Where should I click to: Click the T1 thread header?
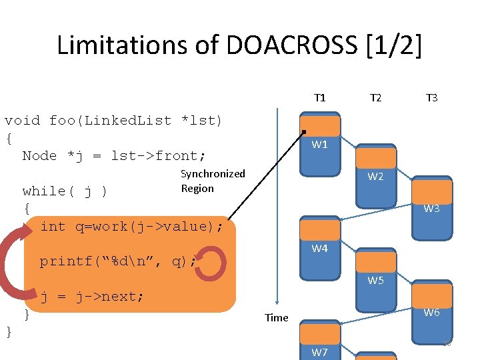(x=320, y=98)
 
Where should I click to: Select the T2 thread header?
(x=375, y=98)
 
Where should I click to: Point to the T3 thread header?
(x=431, y=98)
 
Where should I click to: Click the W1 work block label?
(x=320, y=145)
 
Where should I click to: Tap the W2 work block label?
(x=376, y=177)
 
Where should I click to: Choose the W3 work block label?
(x=431, y=209)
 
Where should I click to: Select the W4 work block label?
(x=320, y=249)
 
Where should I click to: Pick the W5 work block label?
(x=376, y=281)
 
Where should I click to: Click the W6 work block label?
(x=431, y=313)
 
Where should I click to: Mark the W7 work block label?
(x=320, y=352)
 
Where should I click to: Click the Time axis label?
(x=276, y=317)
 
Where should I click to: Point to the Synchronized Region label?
(x=213, y=181)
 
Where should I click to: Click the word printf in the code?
(x=66, y=261)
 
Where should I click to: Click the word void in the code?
(x=22, y=121)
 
